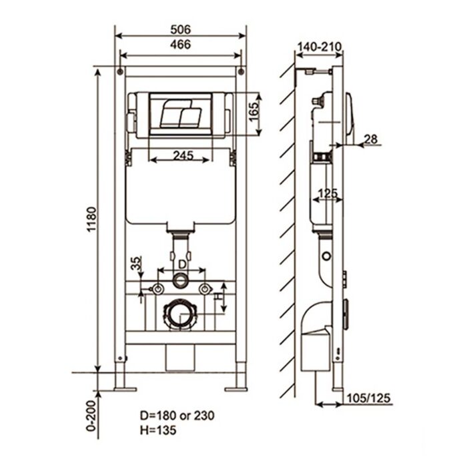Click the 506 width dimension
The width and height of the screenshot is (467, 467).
[180, 29]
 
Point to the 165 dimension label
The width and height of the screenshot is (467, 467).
[254, 111]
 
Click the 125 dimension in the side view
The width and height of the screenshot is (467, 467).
[327, 193]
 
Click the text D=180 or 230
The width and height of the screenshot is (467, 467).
[168, 415]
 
